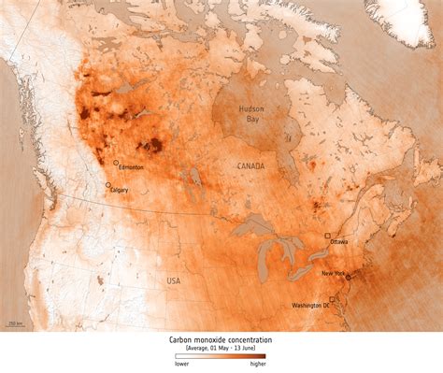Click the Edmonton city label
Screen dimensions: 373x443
131,167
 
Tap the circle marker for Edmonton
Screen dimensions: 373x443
116,162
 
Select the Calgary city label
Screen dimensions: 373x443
120,190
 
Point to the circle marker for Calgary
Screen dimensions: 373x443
107,185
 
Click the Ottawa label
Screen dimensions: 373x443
338,242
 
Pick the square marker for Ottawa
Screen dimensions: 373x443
327,237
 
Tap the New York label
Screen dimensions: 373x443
333,273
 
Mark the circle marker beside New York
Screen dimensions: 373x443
348,277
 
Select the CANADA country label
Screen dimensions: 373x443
250,166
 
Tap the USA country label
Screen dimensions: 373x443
174,280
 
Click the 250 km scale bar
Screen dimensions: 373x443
16,323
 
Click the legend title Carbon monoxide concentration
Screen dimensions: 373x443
221,340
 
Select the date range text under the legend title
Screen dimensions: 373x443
221,348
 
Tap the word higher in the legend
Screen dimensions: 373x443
258,364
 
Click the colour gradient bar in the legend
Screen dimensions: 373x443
221,356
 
